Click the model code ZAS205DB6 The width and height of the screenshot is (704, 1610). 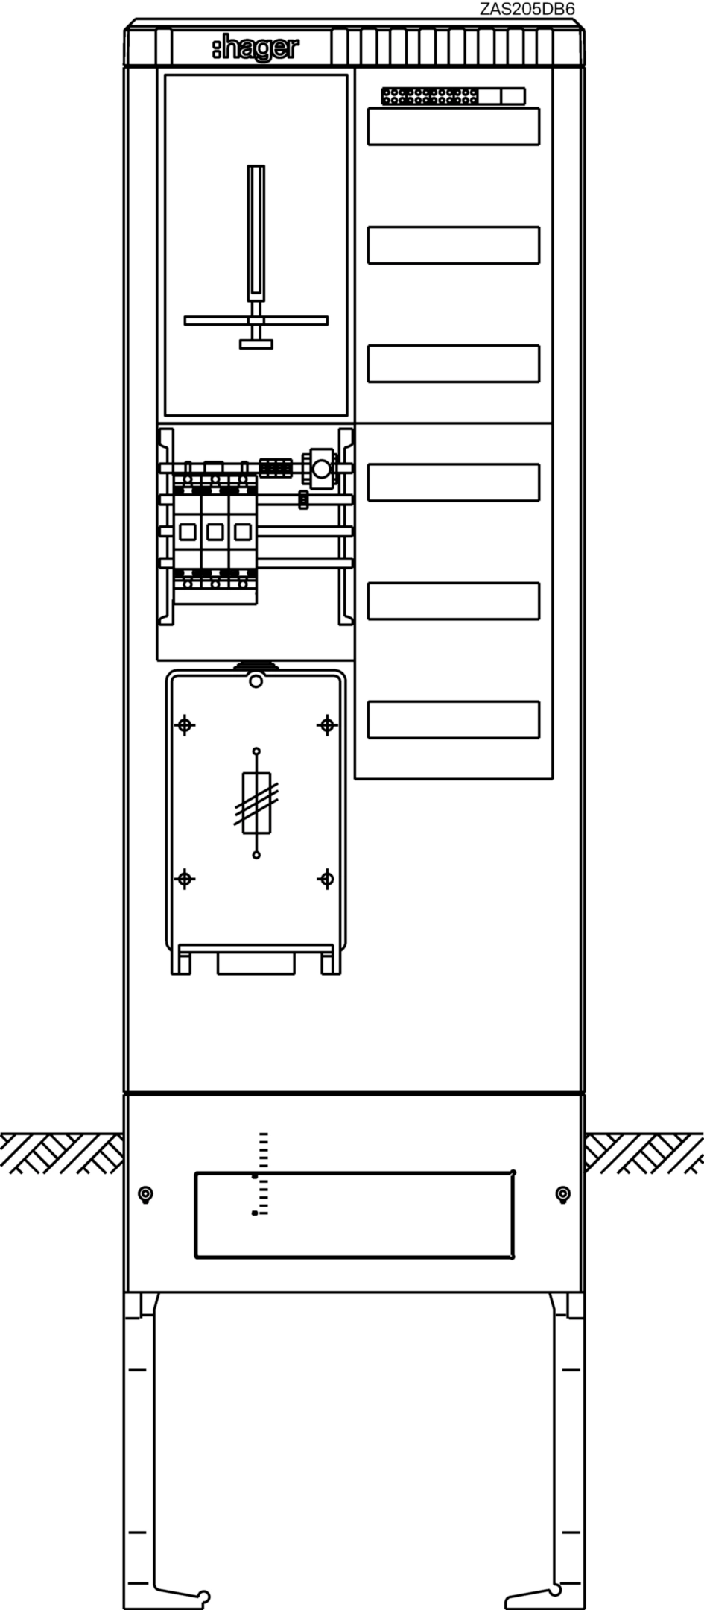coord(527,8)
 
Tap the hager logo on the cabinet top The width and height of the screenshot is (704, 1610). coord(255,49)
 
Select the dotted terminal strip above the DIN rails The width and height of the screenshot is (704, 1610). coord(453,95)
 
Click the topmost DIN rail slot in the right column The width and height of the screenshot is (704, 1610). coord(454,126)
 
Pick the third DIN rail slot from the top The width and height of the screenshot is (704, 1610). coord(454,364)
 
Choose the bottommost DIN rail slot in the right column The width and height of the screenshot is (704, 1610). coord(454,720)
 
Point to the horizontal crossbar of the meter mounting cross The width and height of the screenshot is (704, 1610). coord(256,321)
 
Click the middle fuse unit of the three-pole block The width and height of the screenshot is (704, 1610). coord(215,532)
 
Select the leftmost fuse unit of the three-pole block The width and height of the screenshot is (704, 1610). coord(187,532)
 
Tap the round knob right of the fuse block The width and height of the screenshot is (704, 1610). coord(321,469)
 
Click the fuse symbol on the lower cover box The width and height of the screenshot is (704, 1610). coord(256,804)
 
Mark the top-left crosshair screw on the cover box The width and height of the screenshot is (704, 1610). coord(185,724)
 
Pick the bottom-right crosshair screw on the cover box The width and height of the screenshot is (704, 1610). coord(326,879)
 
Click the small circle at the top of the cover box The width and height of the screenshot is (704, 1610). coord(256,681)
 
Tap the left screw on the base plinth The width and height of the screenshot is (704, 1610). coord(146,1194)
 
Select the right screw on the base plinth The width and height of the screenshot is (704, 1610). coord(563,1194)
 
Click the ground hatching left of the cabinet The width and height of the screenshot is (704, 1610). coord(62,1153)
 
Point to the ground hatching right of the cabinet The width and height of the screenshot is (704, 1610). coord(644,1153)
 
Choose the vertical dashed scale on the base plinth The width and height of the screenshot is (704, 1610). coord(260,1174)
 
